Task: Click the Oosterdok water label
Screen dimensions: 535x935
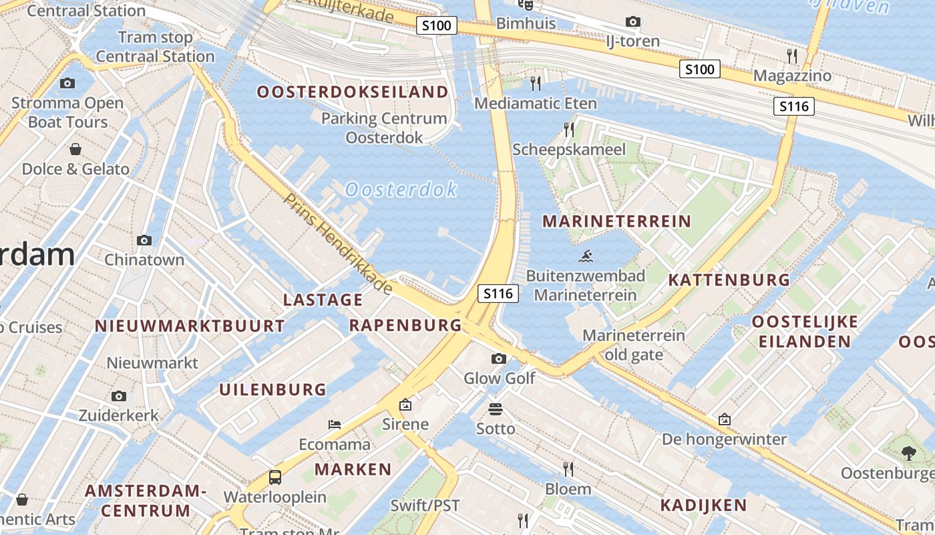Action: pos(401,190)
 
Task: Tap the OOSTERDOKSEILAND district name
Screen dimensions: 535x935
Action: pos(352,92)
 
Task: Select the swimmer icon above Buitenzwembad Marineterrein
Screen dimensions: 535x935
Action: pos(586,255)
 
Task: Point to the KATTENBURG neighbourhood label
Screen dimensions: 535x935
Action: pos(729,280)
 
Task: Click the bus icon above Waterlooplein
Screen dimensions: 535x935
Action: pos(274,477)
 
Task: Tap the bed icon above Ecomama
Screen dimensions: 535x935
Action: pos(335,425)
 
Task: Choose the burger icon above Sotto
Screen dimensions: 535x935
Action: pos(496,409)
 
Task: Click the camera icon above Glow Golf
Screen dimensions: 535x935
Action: pos(498,359)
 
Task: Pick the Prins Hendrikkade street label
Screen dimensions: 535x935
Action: pos(338,244)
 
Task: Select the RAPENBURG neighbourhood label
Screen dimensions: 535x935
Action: pos(405,326)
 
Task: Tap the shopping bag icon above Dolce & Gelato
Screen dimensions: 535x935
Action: pos(75,148)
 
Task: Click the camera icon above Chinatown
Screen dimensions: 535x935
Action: pos(144,240)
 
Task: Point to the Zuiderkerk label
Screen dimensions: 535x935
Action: pos(119,415)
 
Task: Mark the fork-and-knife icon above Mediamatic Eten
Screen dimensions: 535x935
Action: pos(535,84)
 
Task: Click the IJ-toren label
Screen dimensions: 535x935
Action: pos(632,41)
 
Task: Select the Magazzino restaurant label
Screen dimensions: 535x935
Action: pos(792,76)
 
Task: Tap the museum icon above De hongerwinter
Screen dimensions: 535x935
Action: pos(725,420)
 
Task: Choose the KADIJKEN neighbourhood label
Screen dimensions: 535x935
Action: pos(703,505)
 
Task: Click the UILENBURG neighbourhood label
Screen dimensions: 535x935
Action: pos(273,389)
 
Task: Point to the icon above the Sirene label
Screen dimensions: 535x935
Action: pos(405,405)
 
